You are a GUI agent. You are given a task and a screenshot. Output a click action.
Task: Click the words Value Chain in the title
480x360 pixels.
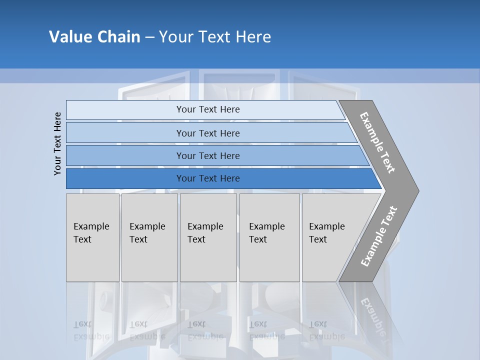(94, 37)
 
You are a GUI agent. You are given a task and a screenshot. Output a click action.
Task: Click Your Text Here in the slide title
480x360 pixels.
(215, 37)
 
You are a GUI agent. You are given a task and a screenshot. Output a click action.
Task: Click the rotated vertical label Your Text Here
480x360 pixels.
(58, 143)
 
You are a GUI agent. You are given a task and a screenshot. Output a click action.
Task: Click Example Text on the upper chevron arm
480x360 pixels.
(377, 142)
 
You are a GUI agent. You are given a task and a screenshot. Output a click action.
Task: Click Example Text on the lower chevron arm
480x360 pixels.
(378, 236)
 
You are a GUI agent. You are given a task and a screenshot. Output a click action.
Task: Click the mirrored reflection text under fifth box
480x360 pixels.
(327, 330)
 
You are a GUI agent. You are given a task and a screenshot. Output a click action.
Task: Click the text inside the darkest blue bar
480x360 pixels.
(208, 178)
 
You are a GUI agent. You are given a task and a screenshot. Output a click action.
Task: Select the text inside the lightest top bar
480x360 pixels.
(208, 109)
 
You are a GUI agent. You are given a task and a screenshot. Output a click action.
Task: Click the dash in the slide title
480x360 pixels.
(149, 37)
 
